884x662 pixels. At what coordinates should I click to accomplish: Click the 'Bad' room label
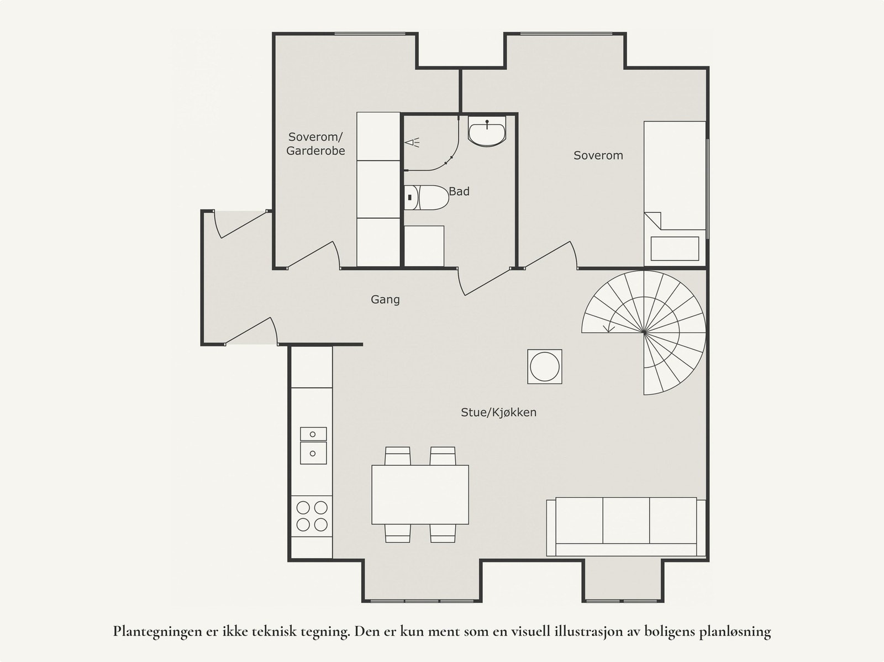459,192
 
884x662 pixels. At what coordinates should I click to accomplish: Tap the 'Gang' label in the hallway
385,300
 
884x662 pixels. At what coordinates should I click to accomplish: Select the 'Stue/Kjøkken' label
498,412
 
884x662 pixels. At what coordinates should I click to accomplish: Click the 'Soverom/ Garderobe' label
315,144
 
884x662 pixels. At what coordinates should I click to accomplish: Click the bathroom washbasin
487,132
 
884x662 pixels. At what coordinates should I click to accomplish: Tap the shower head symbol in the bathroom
412,143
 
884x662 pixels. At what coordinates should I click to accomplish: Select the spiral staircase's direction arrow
609,329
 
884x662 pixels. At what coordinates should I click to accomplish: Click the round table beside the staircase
545,366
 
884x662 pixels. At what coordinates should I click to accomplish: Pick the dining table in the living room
420,495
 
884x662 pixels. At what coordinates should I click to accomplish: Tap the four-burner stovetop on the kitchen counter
312,516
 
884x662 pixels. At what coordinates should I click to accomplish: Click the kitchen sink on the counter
313,446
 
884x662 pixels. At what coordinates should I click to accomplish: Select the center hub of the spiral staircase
644,332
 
